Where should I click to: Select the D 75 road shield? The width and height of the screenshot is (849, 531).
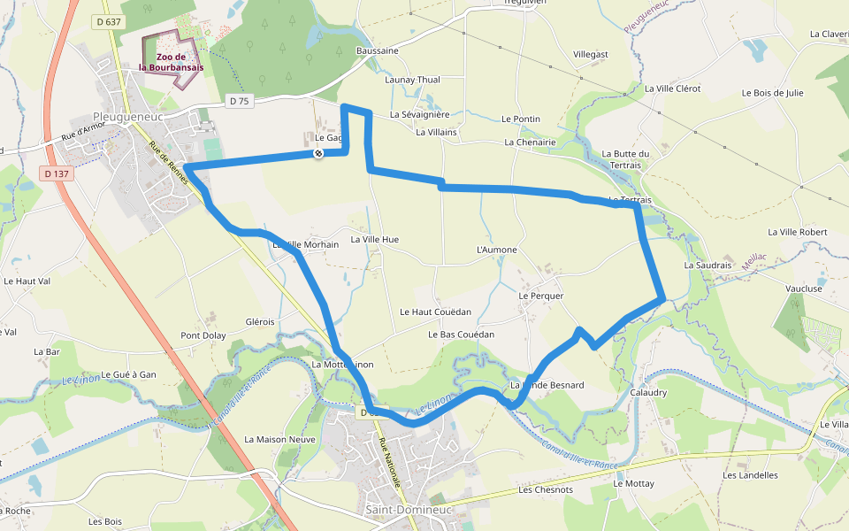coord(240,101)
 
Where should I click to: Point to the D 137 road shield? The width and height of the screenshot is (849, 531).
coord(56,173)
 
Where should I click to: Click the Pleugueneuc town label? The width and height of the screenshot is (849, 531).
coord(126,116)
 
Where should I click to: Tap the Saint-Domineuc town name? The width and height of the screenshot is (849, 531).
coord(409,510)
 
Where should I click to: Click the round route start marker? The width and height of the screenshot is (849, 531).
coord(318,153)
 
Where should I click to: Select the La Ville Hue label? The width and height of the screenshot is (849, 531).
coord(375,239)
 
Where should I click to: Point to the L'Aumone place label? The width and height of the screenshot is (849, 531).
coord(496,250)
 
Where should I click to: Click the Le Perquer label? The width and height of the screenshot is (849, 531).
coord(541,296)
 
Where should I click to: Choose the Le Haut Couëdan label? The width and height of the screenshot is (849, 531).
coord(435,312)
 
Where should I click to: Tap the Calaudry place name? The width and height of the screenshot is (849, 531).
coord(648,392)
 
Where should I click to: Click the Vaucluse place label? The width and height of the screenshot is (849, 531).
coord(803,289)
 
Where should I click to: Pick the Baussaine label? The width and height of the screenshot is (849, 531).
coord(378,50)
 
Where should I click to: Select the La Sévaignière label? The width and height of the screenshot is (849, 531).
coord(420,114)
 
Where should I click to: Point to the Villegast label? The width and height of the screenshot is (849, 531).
coord(591,54)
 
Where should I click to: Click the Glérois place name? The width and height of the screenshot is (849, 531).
coord(260,321)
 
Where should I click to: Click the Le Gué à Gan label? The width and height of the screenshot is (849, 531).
coord(128,374)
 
